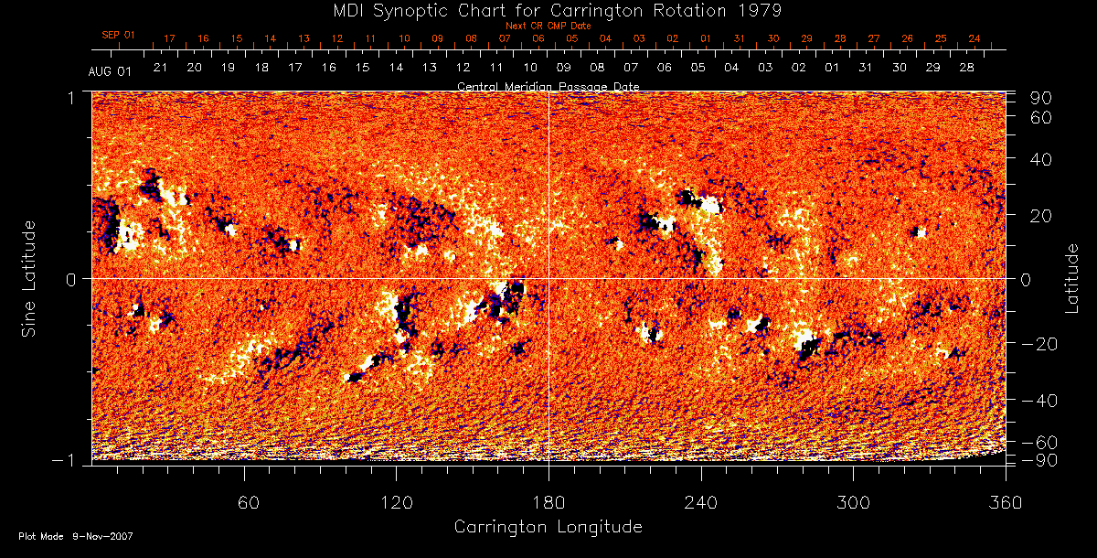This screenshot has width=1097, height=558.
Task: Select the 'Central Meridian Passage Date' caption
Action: tap(548, 86)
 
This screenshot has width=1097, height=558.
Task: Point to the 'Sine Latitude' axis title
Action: tap(29, 277)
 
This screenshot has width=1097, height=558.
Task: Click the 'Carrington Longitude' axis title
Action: tap(548, 527)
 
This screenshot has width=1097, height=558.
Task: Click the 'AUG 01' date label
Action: tap(111, 70)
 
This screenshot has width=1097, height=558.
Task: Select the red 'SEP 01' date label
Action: tap(118, 35)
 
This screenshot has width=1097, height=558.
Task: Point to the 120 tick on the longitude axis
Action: tap(396, 503)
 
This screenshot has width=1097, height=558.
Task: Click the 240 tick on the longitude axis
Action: tap(700, 503)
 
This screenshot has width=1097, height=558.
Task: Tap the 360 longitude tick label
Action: tap(1004, 503)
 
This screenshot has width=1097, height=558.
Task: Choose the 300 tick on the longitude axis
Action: tap(852, 503)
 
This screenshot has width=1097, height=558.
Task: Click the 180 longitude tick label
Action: tap(548, 503)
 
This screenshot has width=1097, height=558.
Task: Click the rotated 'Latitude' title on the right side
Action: tap(1071, 277)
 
